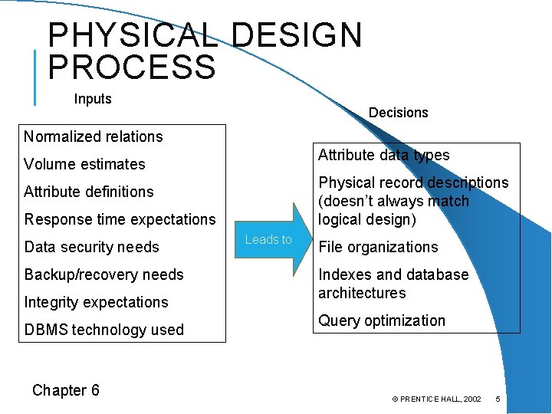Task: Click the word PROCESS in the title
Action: point(132,67)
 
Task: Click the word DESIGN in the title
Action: point(296,34)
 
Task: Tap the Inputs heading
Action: point(93,99)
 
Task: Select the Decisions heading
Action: point(398,113)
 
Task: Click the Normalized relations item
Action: point(94,136)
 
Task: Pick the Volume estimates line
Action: point(84,164)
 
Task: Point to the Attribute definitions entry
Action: point(89,192)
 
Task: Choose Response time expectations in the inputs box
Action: point(120,219)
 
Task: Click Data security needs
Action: point(92,247)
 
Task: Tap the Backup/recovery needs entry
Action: point(104,274)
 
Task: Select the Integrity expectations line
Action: point(96,302)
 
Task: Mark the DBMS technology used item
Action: point(104,330)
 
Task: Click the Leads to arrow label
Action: point(268,240)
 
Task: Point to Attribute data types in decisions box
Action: point(384,155)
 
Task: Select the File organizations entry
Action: point(378,247)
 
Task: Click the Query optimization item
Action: point(382,320)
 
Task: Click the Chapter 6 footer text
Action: point(66,390)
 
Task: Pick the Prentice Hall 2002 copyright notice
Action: point(436,399)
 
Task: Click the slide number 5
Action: point(498,399)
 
